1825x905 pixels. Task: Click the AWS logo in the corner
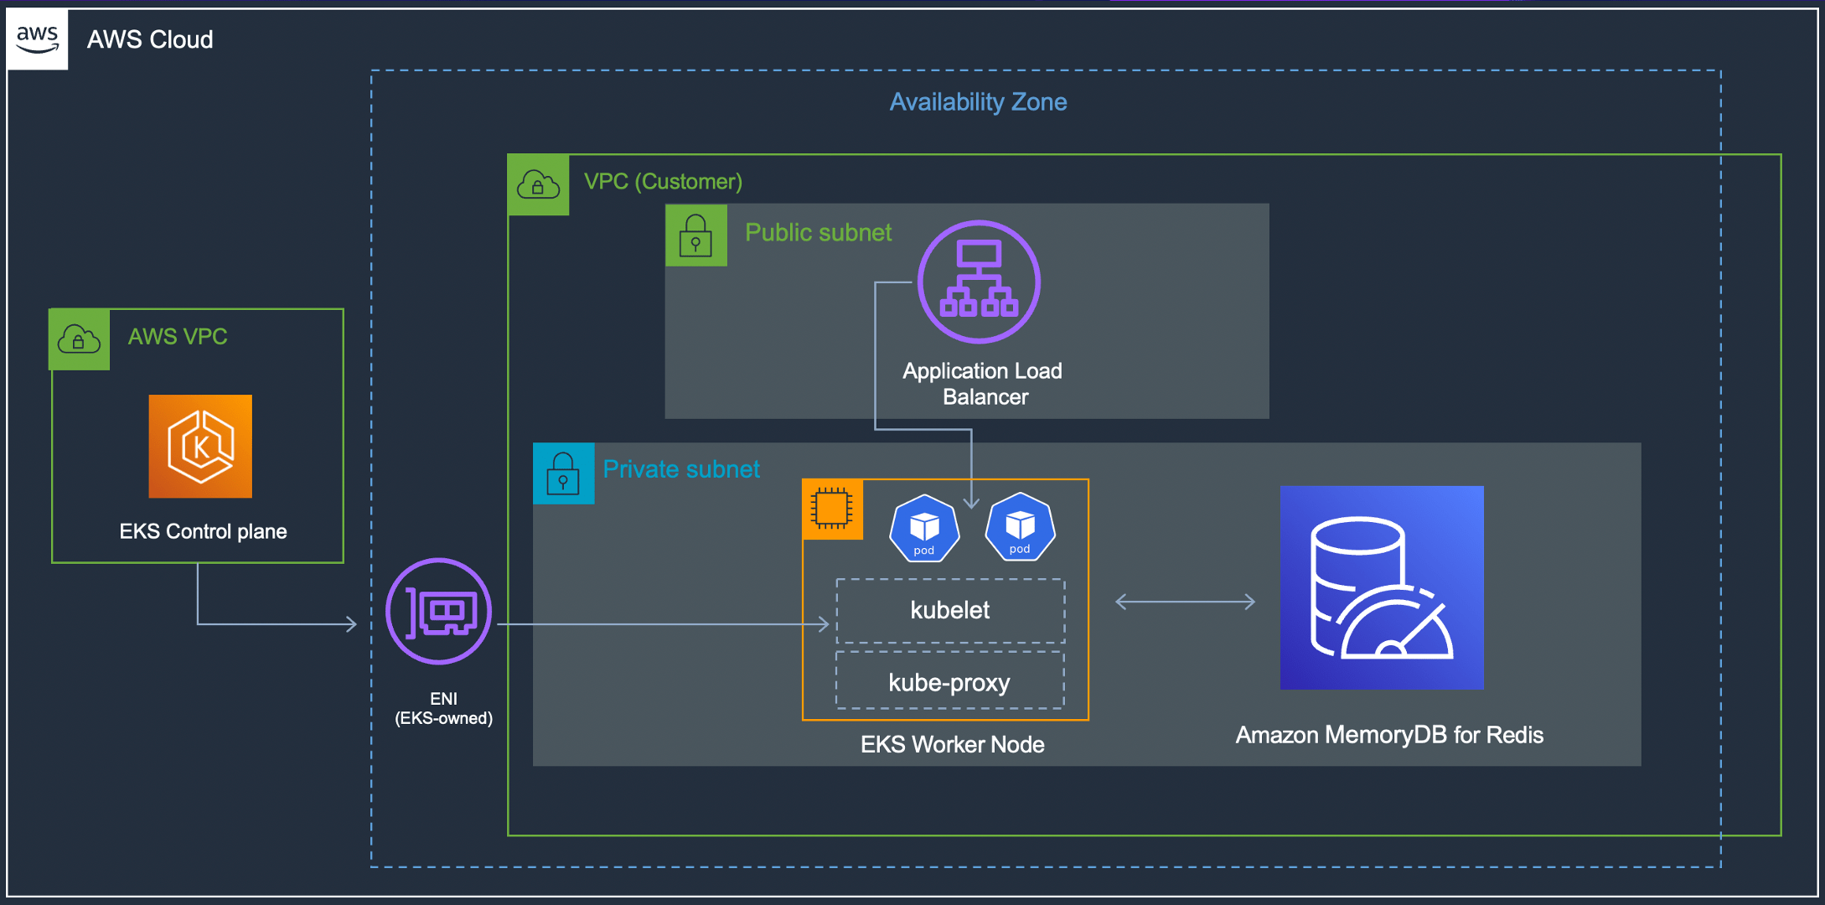click(x=38, y=39)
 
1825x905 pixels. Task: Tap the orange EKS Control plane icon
click(x=200, y=446)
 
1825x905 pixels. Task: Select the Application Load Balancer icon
click(x=979, y=282)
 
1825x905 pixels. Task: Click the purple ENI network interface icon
click(x=438, y=611)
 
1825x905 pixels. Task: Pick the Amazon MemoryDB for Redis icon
click(x=1382, y=587)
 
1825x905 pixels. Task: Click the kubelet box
click(x=950, y=610)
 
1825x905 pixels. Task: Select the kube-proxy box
click(x=950, y=682)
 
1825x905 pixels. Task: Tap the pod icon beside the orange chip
click(x=924, y=528)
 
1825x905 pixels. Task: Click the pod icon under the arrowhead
click(x=1020, y=526)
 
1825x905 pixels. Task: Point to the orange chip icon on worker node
click(x=832, y=509)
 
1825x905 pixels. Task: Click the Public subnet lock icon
click(x=695, y=235)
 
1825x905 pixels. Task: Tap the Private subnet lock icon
click(x=563, y=473)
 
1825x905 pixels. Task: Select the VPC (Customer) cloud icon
click(x=538, y=184)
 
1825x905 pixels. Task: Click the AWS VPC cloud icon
click(x=79, y=339)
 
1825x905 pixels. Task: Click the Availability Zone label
click(x=978, y=102)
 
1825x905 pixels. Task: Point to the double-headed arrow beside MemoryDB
click(x=1185, y=602)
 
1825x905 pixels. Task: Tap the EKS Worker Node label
click(x=953, y=744)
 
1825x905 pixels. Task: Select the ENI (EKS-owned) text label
click(x=443, y=708)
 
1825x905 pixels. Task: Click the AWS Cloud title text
click(x=150, y=39)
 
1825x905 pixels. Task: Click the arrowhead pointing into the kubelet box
click(x=823, y=624)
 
